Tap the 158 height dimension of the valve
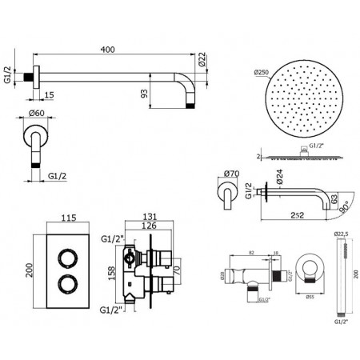point(110,272)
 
